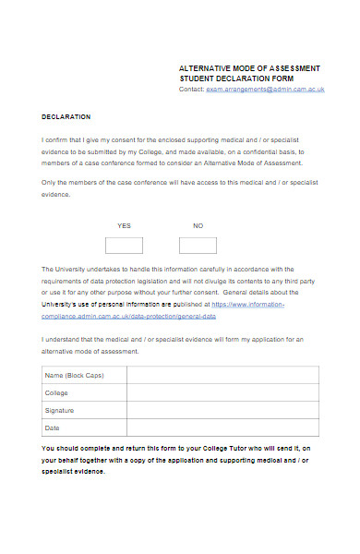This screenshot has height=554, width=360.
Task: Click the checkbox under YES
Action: (124, 245)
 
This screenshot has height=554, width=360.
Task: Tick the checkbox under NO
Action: (198, 245)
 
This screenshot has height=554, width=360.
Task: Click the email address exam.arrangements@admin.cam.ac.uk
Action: (265, 90)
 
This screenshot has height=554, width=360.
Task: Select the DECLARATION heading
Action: (66, 116)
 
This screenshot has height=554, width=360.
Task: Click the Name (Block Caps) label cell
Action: (72, 375)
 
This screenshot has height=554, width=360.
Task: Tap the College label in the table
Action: (57, 392)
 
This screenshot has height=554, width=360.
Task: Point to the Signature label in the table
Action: (60, 410)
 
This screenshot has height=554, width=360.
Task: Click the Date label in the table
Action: (53, 428)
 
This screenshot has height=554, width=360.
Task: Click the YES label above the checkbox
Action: (124, 225)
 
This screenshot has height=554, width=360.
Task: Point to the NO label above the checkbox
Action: (198, 225)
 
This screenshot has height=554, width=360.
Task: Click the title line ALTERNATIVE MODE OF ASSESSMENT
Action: (249, 69)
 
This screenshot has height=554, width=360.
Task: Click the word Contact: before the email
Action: (191, 90)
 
